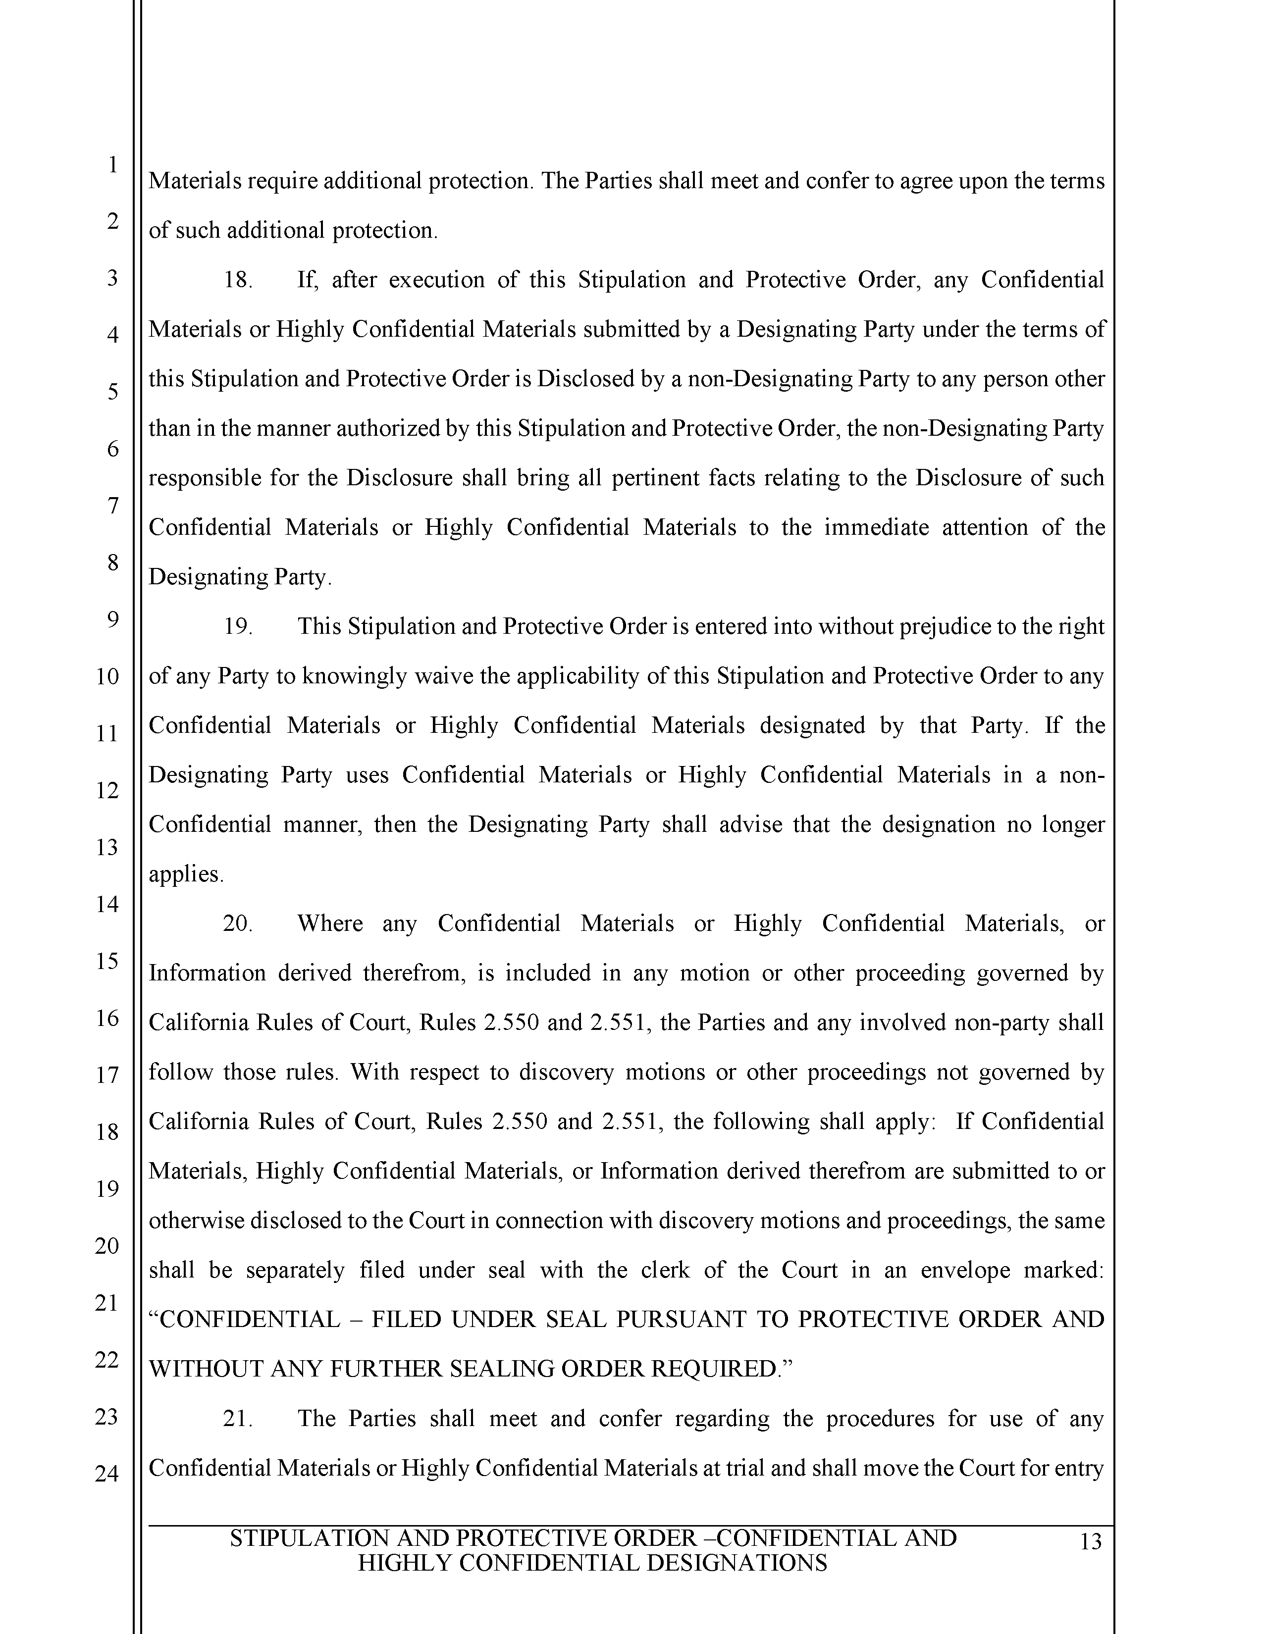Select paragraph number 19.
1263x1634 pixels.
237,626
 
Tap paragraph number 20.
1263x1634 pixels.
237,923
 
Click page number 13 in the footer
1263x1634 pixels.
1091,1542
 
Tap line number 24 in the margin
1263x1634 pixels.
107,1473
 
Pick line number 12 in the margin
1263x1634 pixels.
107,790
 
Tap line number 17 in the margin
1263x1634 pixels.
107,1075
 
